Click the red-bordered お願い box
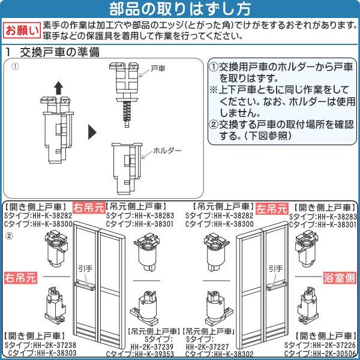(x=22, y=31)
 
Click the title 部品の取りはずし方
(x=180, y=9)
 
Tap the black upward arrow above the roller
(x=59, y=88)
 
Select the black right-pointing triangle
(x=92, y=132)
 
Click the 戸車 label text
(x=158, y=68)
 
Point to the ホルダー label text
(x=167, y=151)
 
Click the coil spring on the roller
(x=127, y=111)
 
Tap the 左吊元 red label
(x=272, y=209)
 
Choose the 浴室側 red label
(x=340, y=278)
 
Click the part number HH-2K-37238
(x=55, y=345)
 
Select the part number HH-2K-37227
(x=208, y=347)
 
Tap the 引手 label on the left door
(x=85, y=269)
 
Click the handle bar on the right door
(x=276, y=286)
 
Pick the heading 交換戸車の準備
(x=59, y=52)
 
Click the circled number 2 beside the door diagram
(x=9, y=236)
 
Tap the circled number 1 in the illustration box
(x=15, y=67)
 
